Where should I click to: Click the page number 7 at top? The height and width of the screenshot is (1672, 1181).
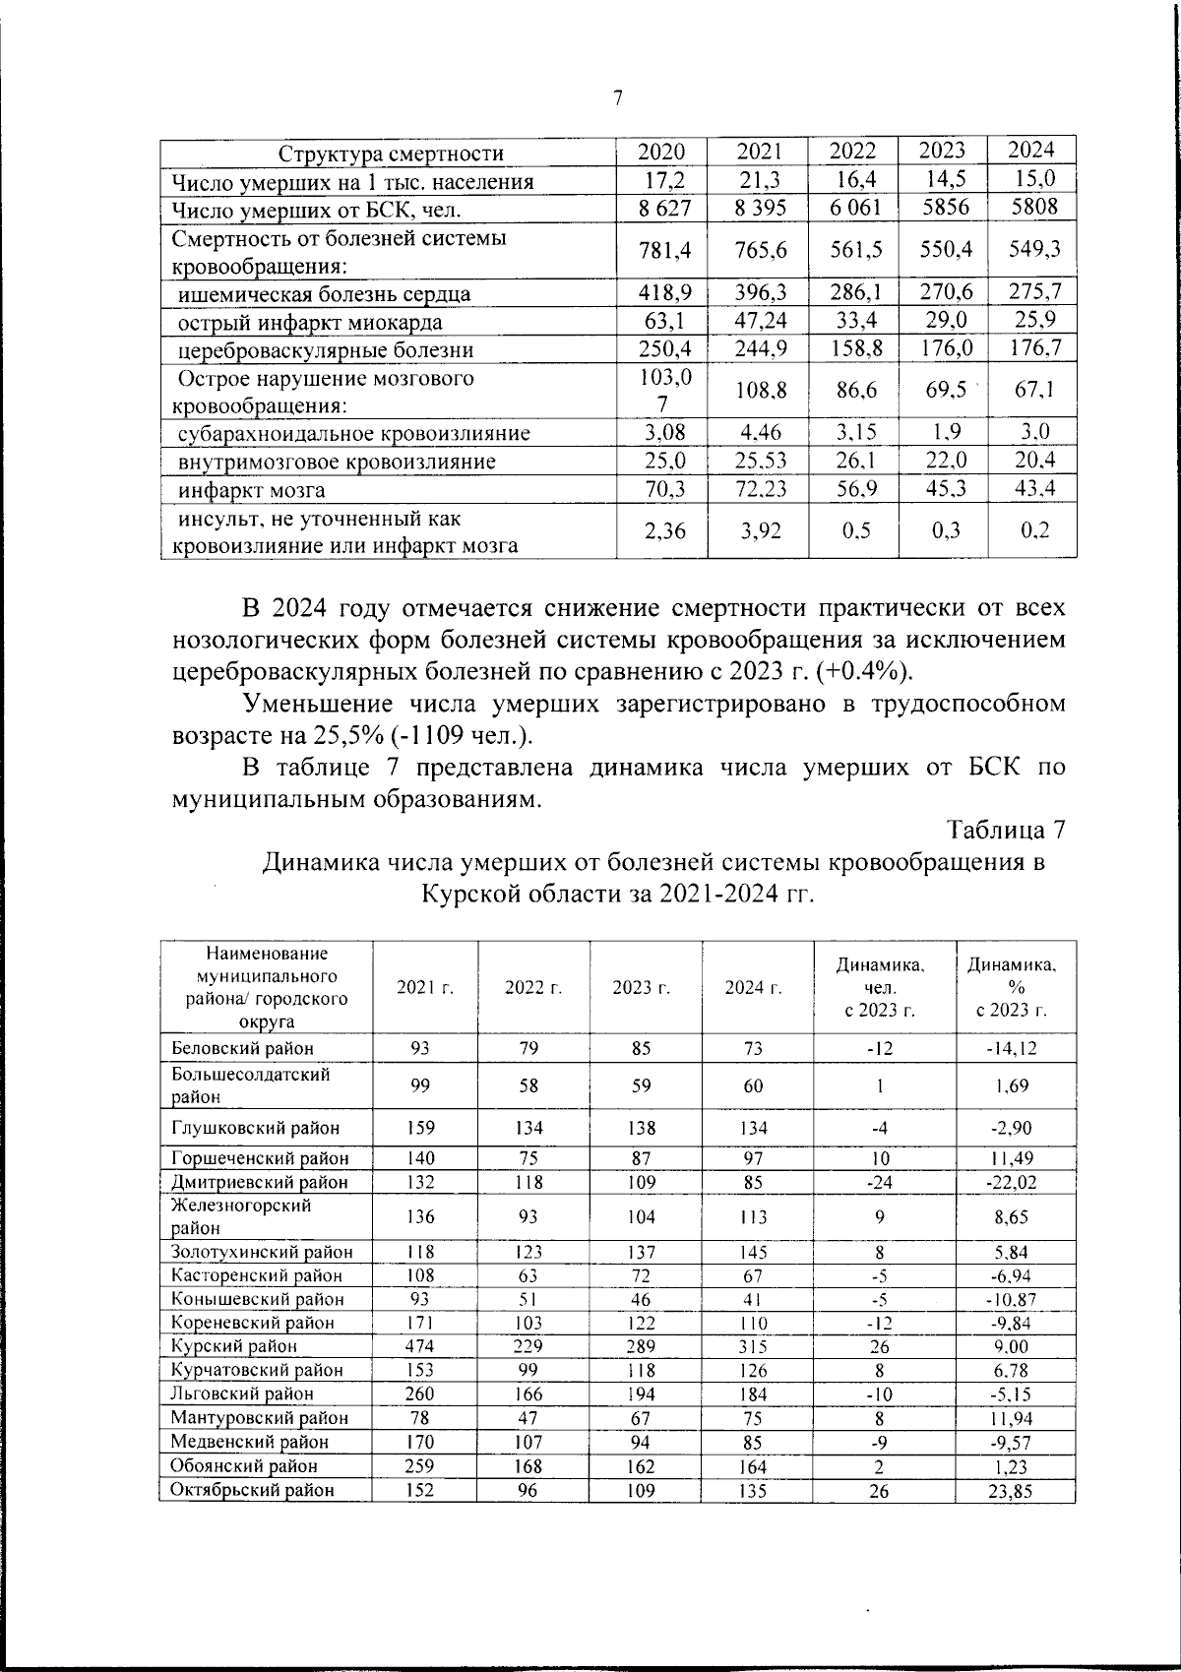coord(617,97)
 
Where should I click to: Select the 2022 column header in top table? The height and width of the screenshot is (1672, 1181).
coord(852,152)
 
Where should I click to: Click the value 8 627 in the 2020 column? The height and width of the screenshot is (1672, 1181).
coord(665,209)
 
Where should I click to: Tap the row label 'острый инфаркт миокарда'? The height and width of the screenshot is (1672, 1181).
coord(310,323)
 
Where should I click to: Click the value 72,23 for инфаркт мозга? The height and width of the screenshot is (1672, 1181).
coord(761,489)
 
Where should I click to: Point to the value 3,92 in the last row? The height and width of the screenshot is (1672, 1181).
coord(761,531)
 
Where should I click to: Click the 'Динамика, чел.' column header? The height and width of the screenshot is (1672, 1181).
coord(881,987)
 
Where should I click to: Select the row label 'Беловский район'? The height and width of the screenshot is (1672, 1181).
coord(242,1048)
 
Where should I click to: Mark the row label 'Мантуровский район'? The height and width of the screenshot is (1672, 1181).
coord(260,1418)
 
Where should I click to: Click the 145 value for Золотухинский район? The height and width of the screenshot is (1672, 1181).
coord(753,1253)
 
